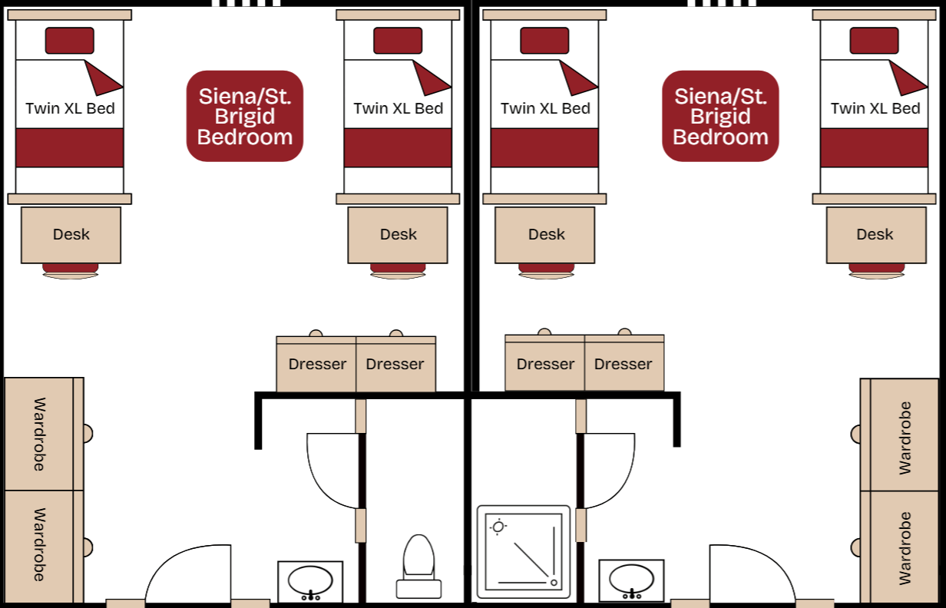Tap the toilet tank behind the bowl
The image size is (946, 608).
pos(418,589)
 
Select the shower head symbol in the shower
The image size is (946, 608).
pos(499,527)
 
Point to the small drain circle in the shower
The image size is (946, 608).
pos(554,583)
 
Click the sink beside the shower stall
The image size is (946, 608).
pos(631,579)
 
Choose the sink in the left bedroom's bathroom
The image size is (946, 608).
pos(310,580)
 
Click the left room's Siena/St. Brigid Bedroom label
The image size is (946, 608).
pos(245,117)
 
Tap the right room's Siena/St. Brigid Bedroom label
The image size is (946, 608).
pos(720,117)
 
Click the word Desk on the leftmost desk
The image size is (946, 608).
pos(71,235)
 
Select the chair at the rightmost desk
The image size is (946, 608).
pos(875,270)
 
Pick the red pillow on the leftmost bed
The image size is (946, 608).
pos(69,41)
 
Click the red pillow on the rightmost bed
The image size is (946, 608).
pos(874,41)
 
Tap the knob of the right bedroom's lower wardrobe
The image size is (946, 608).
pos(855,547)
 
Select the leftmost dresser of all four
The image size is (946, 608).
pos(316,365)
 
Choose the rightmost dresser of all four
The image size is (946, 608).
pos(623,365)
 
